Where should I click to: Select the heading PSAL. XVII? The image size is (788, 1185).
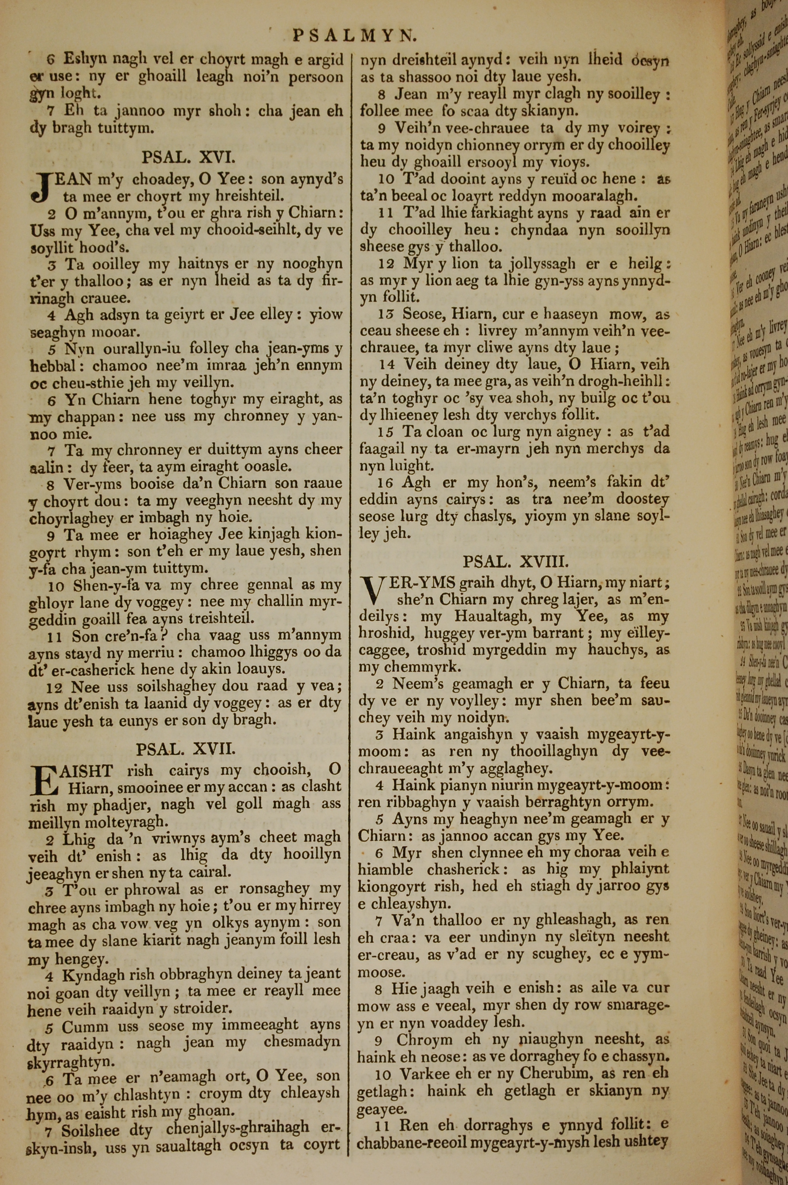(x=186, y=736)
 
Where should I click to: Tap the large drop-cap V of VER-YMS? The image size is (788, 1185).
(x=372, y=591)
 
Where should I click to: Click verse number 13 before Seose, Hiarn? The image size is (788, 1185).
(x=385, y=315)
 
